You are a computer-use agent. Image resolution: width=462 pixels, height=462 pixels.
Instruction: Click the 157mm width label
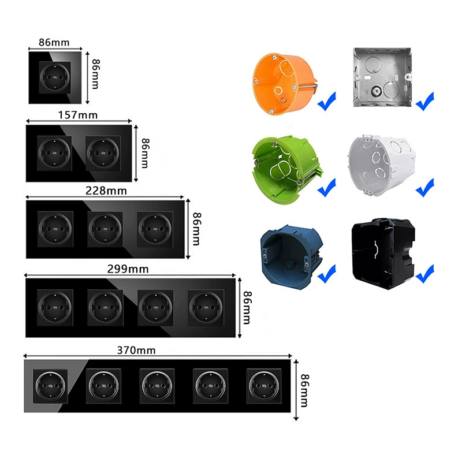pos(78,115)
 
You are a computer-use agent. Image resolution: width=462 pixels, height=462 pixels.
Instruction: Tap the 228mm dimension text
pos(106,191)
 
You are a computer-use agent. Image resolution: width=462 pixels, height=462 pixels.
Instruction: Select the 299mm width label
pos(128,269)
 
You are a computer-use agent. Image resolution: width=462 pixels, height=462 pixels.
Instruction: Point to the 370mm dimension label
pos(136,351)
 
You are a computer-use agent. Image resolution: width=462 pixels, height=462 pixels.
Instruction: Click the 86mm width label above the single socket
pos(54,42)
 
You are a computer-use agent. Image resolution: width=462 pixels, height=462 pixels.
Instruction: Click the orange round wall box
pos(284,84)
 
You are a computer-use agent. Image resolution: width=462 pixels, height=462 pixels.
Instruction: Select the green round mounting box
pos(286,169)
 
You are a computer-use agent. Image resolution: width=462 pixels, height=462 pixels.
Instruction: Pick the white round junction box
pos(382,166)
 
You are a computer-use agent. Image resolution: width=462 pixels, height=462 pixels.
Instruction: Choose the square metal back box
pos(382,77)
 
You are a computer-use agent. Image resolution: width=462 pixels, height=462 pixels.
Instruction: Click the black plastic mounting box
pos(383,254)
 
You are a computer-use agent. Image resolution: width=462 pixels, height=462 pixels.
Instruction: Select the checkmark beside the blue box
pos(327,274)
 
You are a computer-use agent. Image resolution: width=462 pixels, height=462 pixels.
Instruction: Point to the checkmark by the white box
pos(425,187)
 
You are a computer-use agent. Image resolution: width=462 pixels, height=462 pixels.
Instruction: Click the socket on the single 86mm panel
pos(55,77)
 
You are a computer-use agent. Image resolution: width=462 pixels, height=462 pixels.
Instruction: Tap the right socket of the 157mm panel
pos(103,153)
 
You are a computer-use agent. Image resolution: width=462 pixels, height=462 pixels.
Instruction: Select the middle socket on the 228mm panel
pos(105,229)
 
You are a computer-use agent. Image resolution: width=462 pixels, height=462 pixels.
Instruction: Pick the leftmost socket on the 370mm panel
pos(50,386)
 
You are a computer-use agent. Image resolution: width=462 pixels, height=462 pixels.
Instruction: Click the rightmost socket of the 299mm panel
pos(206,308)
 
